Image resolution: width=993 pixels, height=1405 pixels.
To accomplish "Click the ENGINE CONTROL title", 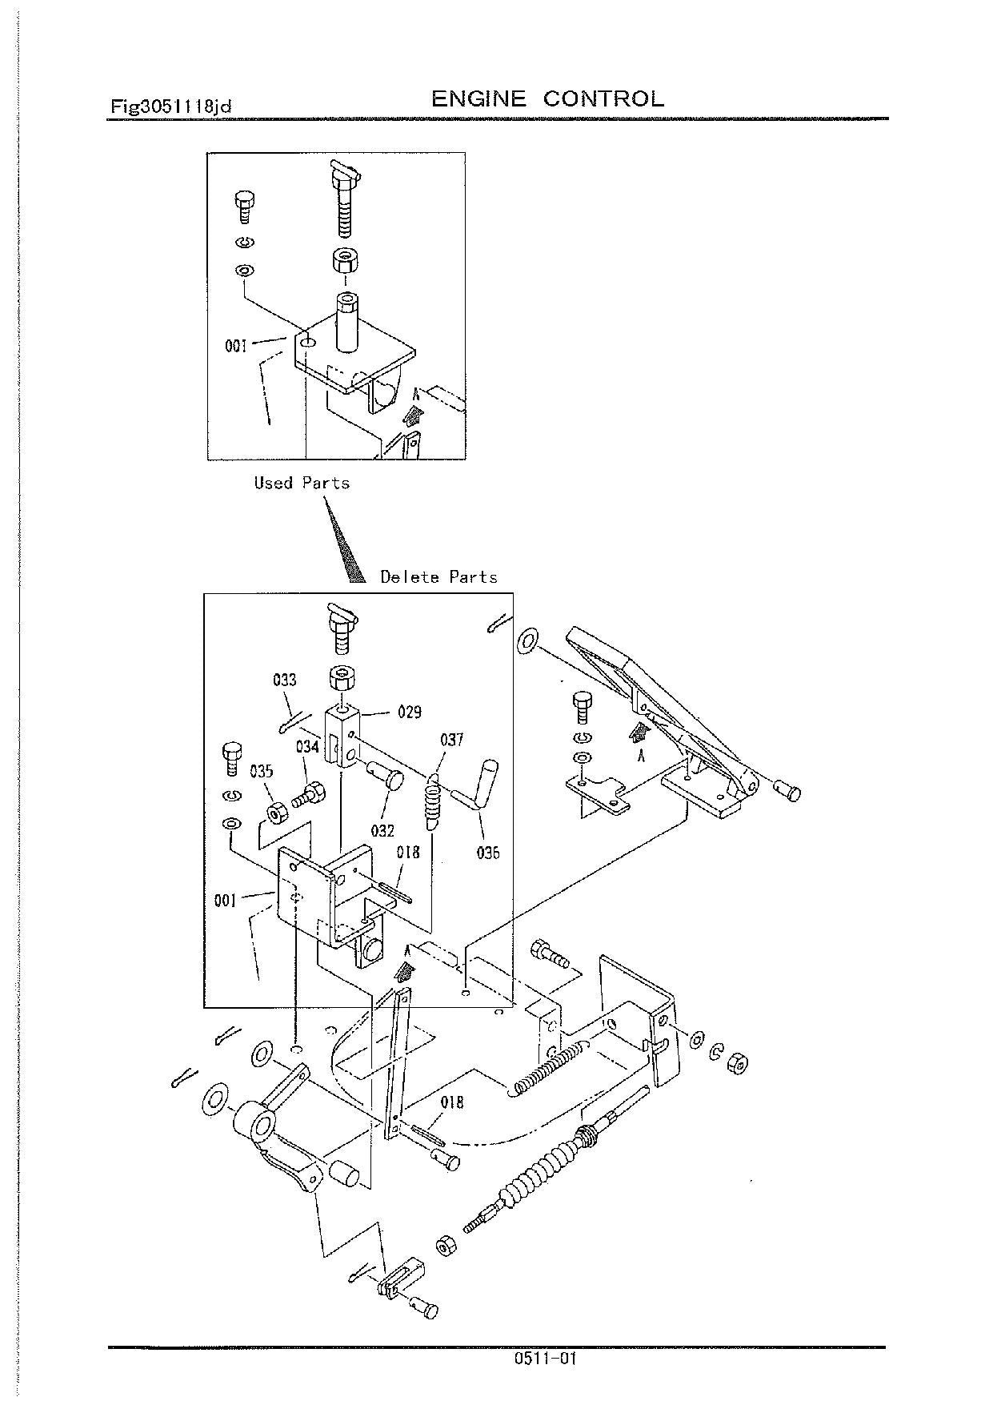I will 547,99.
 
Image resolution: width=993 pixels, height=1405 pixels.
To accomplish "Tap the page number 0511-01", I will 547,1359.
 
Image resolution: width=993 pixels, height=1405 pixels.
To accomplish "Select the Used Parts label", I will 302,483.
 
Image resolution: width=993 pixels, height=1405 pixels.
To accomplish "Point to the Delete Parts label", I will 438,576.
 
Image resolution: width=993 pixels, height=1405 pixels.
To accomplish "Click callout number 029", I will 409,712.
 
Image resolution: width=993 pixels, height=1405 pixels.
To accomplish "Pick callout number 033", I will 285,680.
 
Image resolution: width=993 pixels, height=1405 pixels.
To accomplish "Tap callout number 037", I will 451,740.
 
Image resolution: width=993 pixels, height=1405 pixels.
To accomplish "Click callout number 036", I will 487,853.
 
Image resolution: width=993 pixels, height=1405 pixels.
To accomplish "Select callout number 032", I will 382,830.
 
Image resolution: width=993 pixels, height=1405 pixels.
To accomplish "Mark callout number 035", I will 261,771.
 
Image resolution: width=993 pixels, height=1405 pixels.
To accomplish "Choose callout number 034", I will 308,747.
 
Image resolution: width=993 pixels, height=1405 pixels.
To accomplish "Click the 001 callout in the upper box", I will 236,347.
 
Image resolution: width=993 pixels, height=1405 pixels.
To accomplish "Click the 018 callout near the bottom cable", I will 451,1102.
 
